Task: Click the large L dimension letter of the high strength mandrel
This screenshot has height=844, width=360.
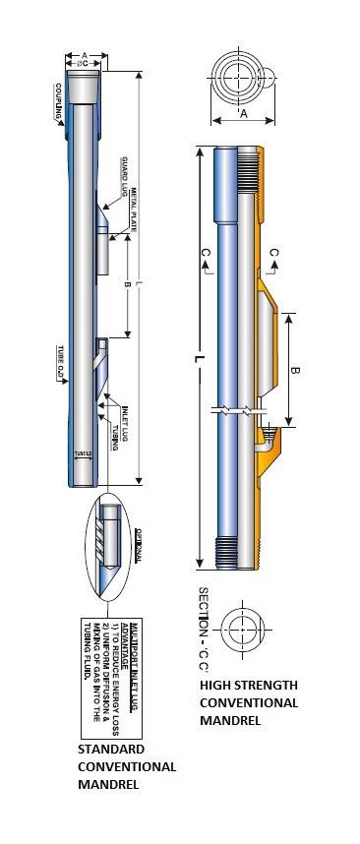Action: [x=199, y=360]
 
